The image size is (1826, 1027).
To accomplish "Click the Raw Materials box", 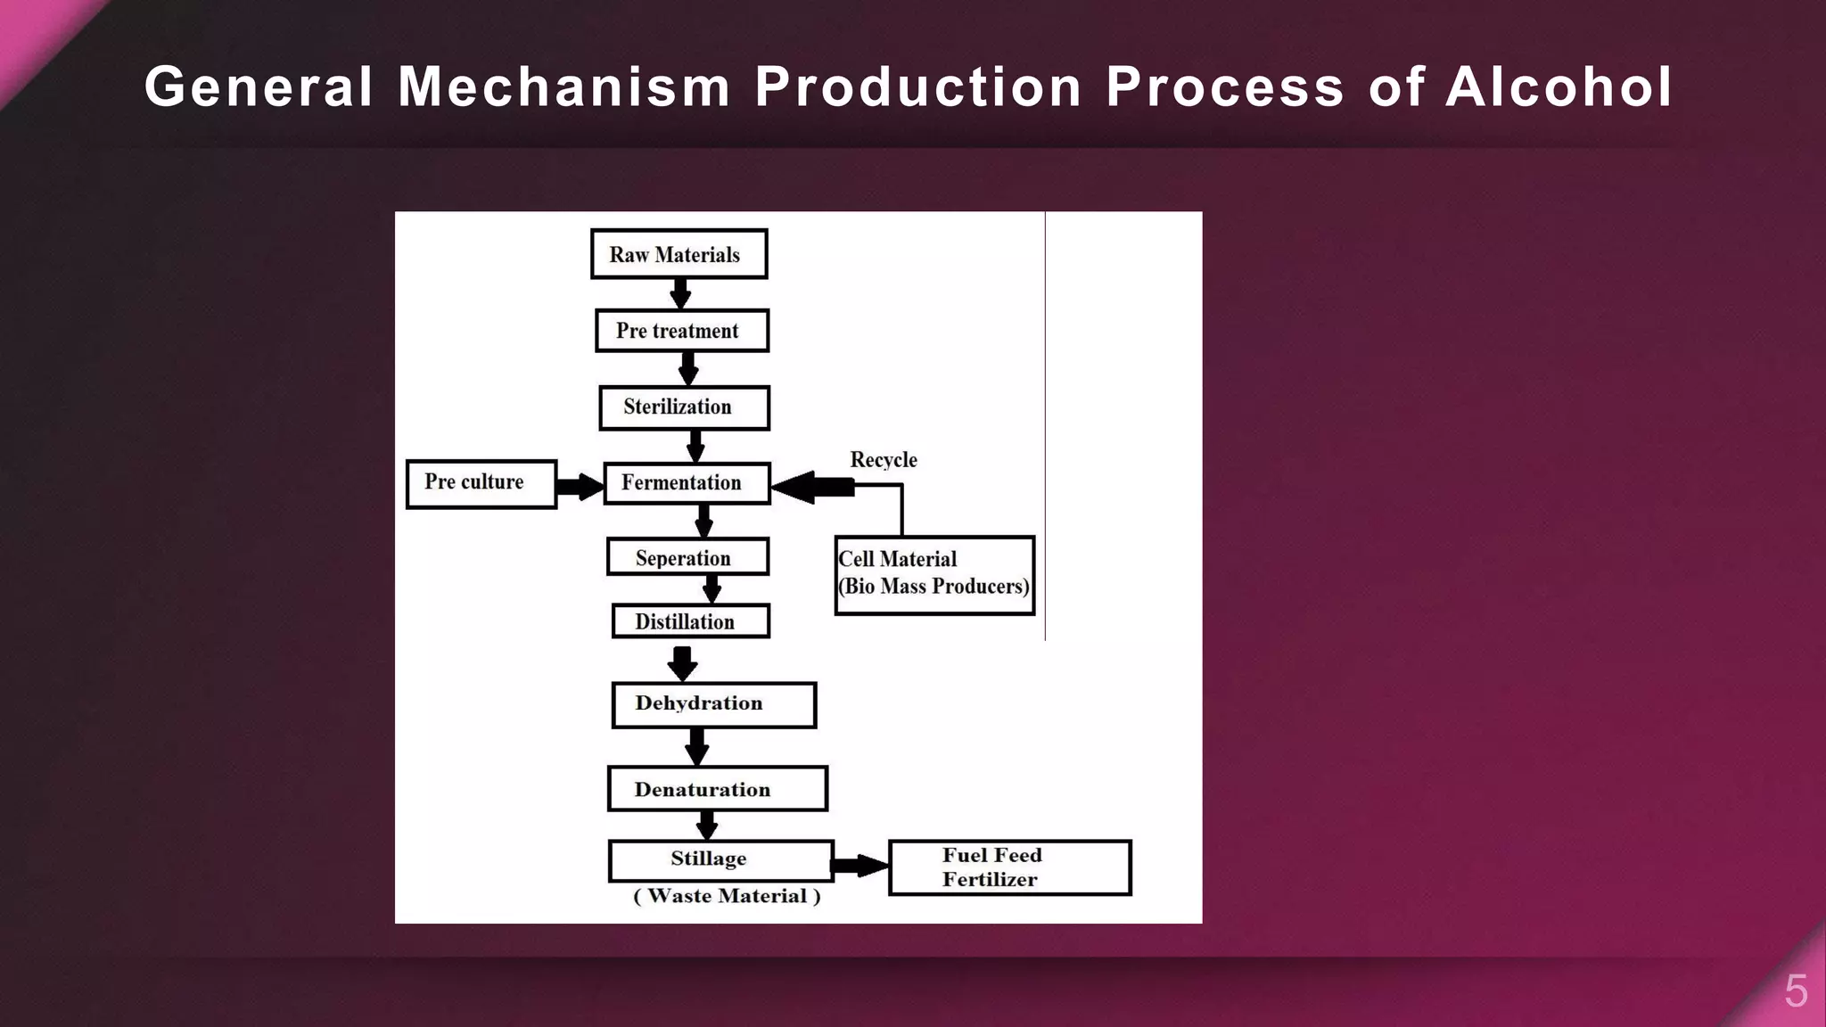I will point(679,255).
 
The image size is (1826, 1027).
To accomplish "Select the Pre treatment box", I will point(682,331).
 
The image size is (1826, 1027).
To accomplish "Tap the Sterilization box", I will point(684,407).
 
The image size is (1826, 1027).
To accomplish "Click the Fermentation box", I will point(687,483).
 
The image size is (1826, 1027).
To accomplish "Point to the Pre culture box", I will point(481,484).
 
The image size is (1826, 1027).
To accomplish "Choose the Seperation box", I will point(687,557).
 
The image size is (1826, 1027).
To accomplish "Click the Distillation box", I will point(690,621).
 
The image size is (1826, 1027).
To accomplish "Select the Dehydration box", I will point(713,705).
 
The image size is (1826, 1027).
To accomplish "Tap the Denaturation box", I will point(717,789).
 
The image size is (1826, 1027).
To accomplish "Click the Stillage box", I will point(720,860).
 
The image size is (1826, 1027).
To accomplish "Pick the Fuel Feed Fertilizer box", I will point(1009,867).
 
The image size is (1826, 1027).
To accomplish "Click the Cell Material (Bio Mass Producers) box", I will point(934,575).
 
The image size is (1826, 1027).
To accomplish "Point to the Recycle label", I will point(883,460).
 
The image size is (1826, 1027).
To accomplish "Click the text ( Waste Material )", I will point(727,897).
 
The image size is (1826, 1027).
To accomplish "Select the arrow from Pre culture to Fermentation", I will point(580,487).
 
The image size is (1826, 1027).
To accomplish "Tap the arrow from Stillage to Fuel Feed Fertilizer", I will point(860,865).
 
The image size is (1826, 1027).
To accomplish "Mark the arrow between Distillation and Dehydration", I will point(682,662).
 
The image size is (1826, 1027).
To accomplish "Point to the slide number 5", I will point(1796,991).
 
